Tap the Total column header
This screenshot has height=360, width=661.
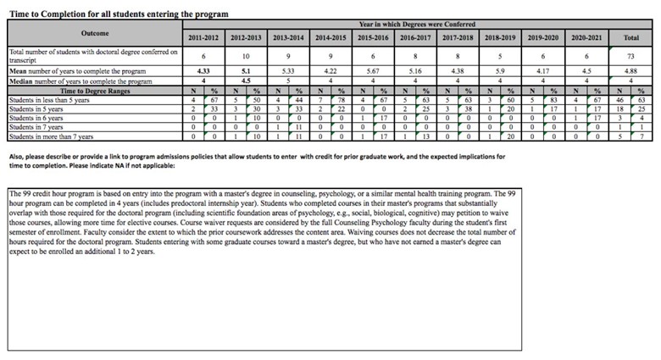tap(631, 38)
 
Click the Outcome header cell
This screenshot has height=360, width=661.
tap(95, 33)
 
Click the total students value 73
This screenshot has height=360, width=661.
tap(631, 56)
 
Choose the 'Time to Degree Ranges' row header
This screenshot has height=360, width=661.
tap(94, 91)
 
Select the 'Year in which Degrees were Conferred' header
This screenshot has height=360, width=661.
tap(416, 25)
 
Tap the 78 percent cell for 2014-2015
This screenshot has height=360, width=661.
tap(342, 100)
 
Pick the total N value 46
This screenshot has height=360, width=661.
tap(620, 100)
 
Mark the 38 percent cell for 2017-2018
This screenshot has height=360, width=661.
tap(472, 109)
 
